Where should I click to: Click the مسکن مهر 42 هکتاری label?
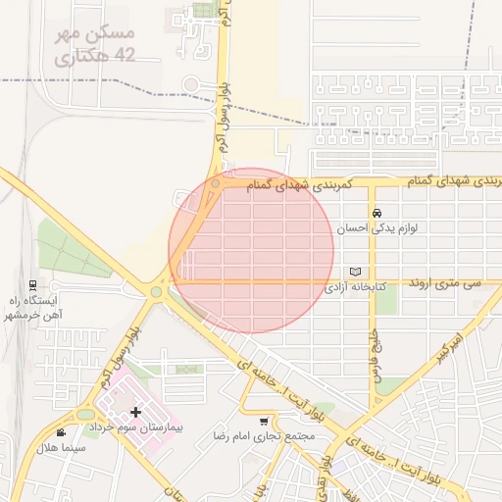click(x=89, y=46)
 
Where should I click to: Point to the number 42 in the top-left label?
click(x=124, y=57)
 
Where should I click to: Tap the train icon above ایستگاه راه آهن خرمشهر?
click(x=33, y=285)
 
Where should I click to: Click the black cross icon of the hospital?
click(x=135, y=412)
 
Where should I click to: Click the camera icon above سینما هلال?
click(x=61, y=432)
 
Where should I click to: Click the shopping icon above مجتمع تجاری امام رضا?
click(x=263, y=420)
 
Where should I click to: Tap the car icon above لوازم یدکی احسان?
click(x=376, y=213)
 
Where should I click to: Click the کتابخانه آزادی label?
click(x=357, y=287)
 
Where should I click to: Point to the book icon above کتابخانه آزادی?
click(x=355, y=272)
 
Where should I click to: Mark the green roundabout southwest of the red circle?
click(x=155, y=290)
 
